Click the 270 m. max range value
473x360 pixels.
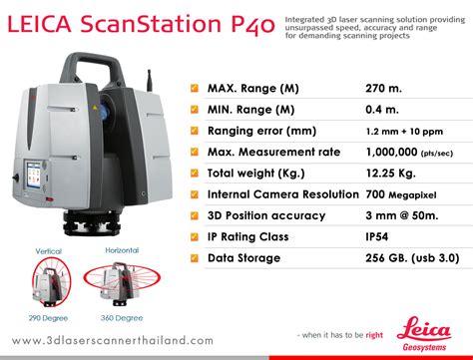pos(383,89)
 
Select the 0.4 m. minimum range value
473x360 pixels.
pos(381,110)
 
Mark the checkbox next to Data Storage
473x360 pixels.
pos(194,258)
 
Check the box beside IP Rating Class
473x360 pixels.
pos(194,237)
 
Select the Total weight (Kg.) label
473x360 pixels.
pos(257,174)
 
